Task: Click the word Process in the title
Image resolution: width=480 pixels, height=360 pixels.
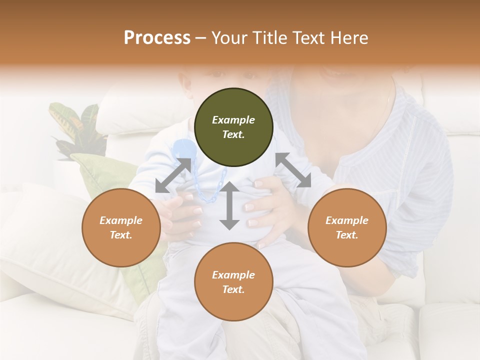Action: [x=157, y=38]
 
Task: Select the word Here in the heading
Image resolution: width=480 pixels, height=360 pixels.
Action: [x=348, y=38]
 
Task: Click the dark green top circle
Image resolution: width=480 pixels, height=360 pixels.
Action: [x=233, y=127]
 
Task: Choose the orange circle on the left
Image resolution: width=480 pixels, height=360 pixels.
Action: [x=121, y=227]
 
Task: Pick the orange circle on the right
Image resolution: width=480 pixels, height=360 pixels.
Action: [x=347, y=227]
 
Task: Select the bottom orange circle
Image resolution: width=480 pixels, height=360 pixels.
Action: [x=233, y=282]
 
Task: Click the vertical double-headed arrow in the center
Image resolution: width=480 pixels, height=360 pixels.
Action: [x=229, y=206]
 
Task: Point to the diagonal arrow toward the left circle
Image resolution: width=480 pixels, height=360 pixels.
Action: [x=173, y=175]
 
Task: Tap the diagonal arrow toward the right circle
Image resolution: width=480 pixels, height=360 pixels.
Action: [x=293, y=170]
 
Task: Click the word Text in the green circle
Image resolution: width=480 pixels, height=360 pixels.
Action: [x=233, y=135]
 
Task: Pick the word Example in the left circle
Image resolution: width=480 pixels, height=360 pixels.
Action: [x=121, y=220]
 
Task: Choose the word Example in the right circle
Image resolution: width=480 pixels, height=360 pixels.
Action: [x=347, y=220]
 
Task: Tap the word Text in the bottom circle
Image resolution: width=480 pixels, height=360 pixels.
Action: [x=233, y=289]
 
